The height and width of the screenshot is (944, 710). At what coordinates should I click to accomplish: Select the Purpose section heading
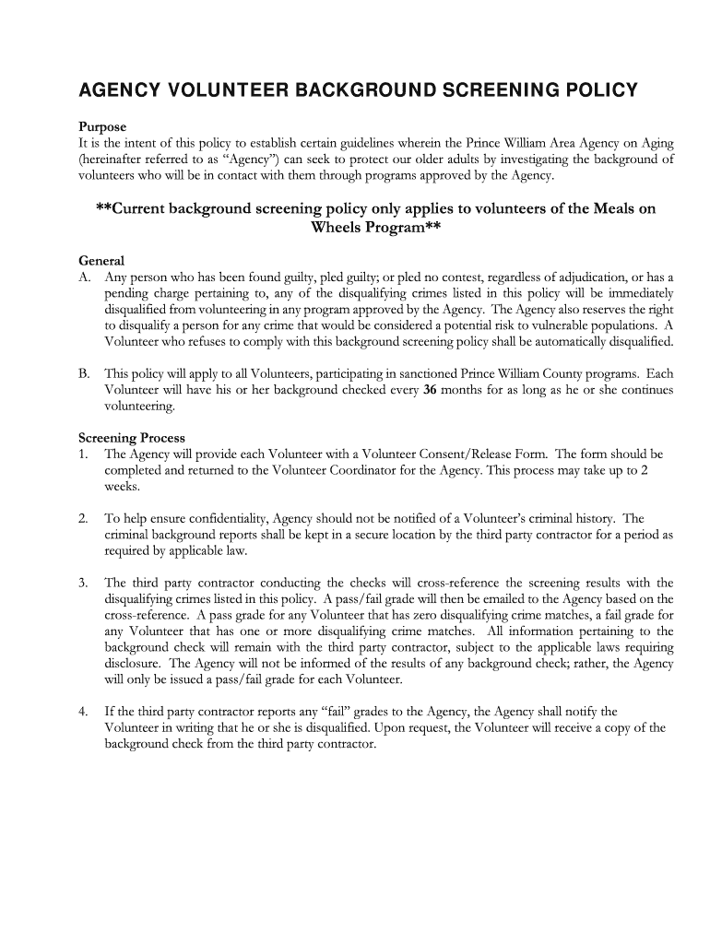click(102, 126)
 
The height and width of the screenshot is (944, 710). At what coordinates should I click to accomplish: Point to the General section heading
click(101, 261)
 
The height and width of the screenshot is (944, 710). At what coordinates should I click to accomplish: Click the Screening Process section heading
click(131, 438)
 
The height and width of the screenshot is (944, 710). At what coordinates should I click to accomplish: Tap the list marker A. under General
click(85, 277)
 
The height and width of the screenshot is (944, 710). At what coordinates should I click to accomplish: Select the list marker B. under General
click(85, 374)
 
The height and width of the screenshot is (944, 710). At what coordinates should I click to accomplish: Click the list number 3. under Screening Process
click(83, 583)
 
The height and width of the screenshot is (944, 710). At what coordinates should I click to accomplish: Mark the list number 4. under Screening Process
click(83, 711)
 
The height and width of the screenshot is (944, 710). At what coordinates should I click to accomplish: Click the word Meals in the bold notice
click(607, 208)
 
